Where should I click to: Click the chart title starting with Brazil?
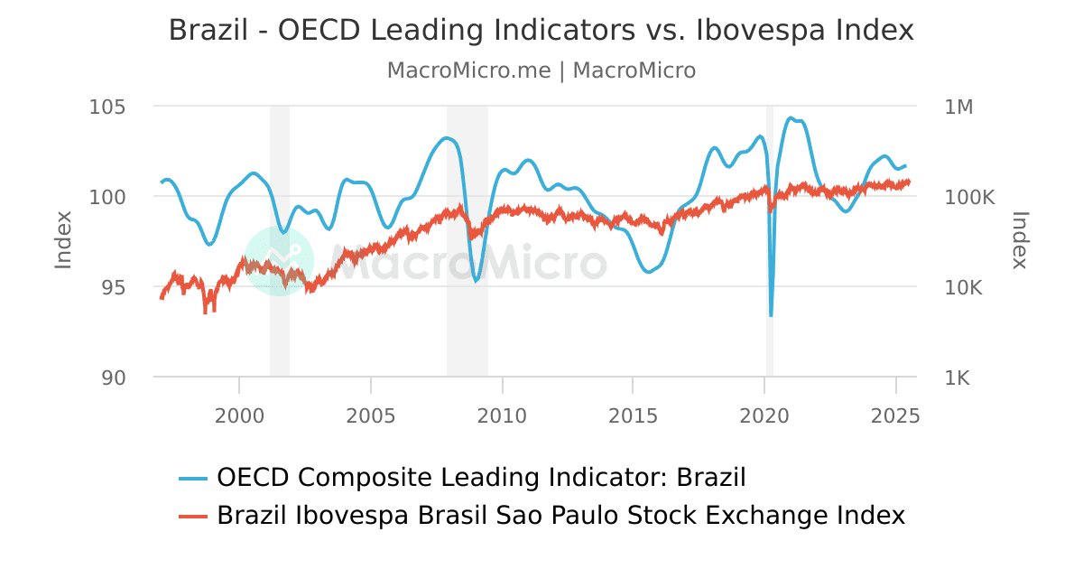point(541,31)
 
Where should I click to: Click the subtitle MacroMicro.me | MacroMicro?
point(541,70)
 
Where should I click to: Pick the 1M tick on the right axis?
point(958,107)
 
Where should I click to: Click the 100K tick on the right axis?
point(969,197)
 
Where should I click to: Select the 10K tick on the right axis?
point(964,287)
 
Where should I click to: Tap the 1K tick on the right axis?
point(958,378)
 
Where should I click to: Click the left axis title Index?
point(63,239)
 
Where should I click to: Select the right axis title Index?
point(1020,239)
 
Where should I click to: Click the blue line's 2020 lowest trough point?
point(771,315)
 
